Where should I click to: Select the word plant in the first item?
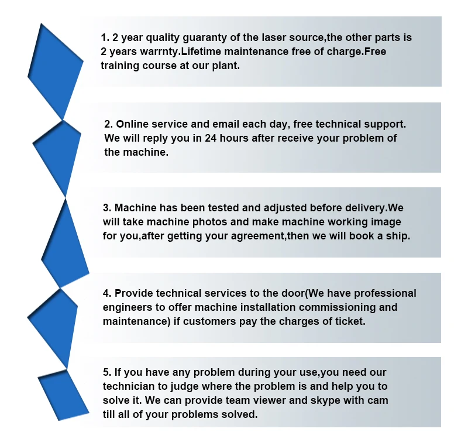point(226,66)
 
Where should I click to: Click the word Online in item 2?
point(133,124)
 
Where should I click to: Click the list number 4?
point(106,293)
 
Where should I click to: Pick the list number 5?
point(106,372)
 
